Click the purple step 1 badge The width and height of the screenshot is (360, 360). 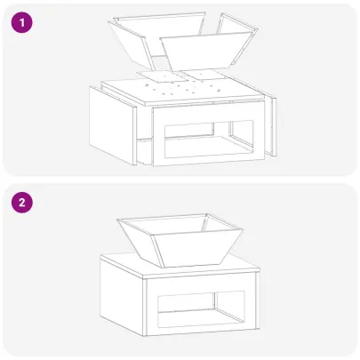[x=22, y=22]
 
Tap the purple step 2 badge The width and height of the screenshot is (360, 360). [x=22, y=203]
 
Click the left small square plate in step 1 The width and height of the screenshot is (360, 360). [x=163, y=77]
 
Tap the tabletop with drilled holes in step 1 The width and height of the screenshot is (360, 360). [x=182, y=90]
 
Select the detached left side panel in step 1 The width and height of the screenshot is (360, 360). [x=113, y=126]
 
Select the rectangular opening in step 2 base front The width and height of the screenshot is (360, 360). [x=201, y=309]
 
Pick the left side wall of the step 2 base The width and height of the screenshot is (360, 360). [x=122, y=295]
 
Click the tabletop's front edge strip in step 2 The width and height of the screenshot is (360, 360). [x=202, y=275]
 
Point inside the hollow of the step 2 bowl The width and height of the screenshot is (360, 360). [x=178, y=225]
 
